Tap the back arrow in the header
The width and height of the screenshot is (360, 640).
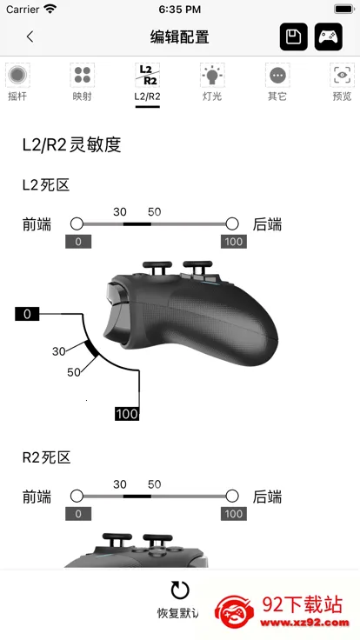(30, 37)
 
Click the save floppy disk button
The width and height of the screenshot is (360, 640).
(293, 37)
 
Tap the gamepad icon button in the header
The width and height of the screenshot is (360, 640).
(328, 37)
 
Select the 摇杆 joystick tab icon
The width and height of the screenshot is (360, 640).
(17, 75)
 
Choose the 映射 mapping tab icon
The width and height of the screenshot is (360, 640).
(83, 75)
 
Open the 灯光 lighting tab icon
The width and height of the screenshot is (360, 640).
(212, 75)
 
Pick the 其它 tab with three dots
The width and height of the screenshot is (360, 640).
(277, 75)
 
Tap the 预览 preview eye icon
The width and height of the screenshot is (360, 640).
(342, 75)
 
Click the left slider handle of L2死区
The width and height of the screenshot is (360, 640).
(77, 223)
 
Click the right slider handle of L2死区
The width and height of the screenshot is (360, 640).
(232, 223)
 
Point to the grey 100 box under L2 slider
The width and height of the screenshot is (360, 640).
(233, 242)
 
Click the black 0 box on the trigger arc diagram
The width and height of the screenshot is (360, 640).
(27, 314)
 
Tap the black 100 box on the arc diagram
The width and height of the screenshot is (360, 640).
(127, 414)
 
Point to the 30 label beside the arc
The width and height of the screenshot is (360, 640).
(59, 351)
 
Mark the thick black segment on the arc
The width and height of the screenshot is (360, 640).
(91, 348)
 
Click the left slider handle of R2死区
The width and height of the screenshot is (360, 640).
(77, 497)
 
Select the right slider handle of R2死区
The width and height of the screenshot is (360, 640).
(232, 497)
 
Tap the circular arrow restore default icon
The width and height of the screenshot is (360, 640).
(180, 590)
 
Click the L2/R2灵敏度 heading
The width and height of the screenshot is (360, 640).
(72, 145)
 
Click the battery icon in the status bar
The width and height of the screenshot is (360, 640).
(344, 9)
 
